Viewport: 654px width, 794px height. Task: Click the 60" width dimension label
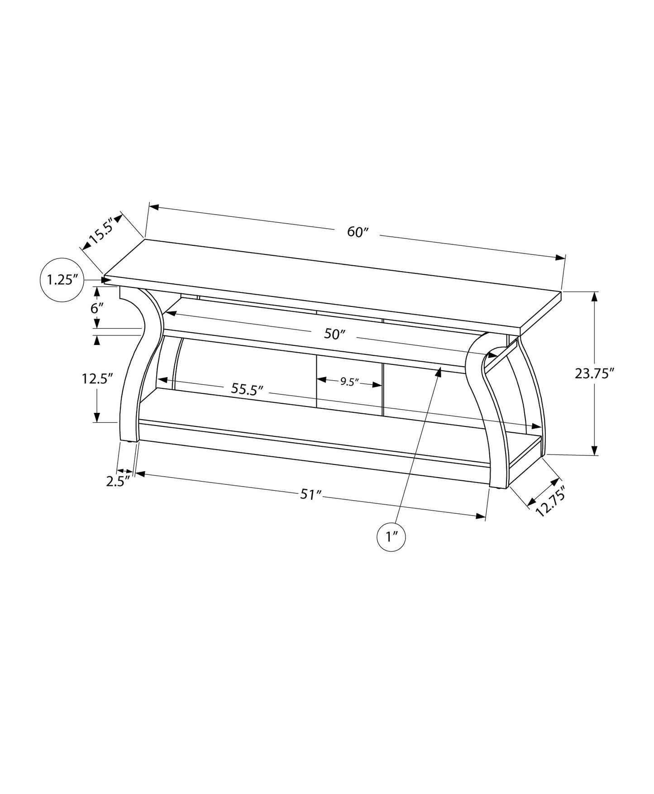click(x=358, y=232)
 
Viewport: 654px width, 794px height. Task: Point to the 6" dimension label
click(x=97, y=309)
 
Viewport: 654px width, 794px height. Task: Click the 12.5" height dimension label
click(x=97, y=378)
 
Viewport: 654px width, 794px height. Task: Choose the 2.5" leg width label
click(x=118, y=481)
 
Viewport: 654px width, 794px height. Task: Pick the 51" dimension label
click(x=310, y=495)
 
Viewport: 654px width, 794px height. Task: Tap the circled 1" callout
click(x=391, y=537)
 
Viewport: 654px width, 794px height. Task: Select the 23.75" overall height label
click(x=594, y=373)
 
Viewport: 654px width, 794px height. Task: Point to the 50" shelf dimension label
click(x=335, y=334)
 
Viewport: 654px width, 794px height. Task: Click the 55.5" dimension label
click(x=247, y=389)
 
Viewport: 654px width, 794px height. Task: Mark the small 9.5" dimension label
click(x=349, y=382)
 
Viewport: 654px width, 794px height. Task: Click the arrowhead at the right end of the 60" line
click(x=561, y=258)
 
